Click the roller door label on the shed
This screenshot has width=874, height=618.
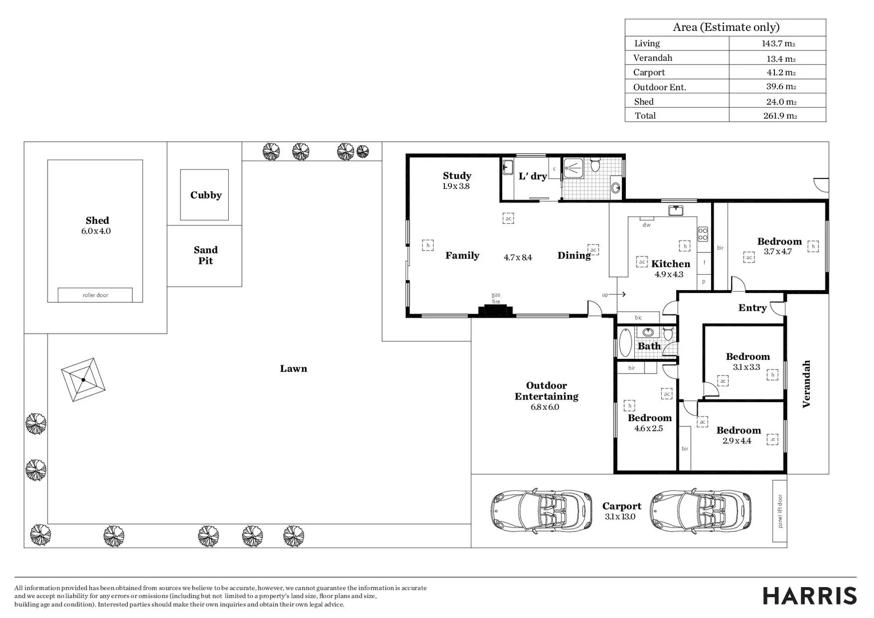click(x=95, y=295)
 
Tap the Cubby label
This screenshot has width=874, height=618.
click(x=205, y=195)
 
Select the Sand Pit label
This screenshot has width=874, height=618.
click(x=205, y=255)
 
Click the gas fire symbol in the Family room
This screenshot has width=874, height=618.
click(x=495, y=310)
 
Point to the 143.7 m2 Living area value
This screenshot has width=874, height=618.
click(x=778, y=43)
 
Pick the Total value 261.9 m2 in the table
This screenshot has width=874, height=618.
click(x=780, y=116)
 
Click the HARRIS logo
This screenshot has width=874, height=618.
click(x=810, y=596)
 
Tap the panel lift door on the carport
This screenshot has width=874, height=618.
click(x=780, y=511)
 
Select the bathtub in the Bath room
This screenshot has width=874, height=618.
click(x=625, y=342)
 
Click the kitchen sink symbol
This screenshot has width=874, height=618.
click(x=676, y=211)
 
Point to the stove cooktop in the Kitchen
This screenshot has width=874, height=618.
click(x=703, y=234)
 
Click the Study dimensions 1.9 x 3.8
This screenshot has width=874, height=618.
click(x=456, y=186)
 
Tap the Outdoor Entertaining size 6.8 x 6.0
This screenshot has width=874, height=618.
click(x=545, y=407)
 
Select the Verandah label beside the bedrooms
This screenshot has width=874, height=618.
click(x=806, y=384)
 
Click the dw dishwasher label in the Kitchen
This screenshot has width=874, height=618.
click(x=646, y=225)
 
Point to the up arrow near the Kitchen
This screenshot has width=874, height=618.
click(x=617, y=294)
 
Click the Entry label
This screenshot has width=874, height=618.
click(x=752, y=308)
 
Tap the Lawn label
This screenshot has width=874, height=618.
click(x=293, y=369)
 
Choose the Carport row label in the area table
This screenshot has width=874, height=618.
click(x=649, y=73)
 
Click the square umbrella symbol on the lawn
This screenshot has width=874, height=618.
click(x=83, y=379)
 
